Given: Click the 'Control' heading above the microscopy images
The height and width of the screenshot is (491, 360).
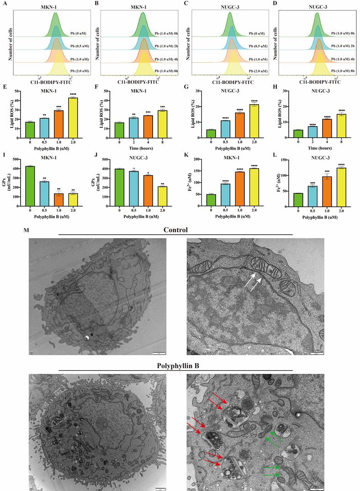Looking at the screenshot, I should click(x=176, y=229).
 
